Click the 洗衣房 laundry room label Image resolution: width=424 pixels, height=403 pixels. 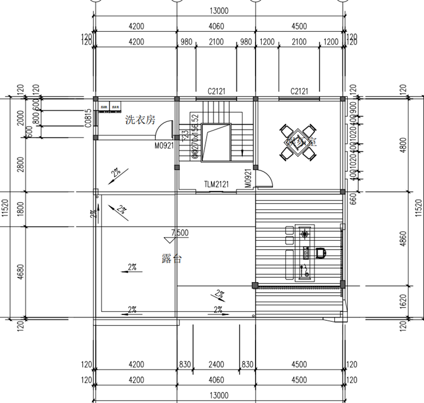tap(140, 120)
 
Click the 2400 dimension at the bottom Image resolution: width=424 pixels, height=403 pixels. tap(216, 364)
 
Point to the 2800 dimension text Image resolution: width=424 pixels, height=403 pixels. tap(20, 165)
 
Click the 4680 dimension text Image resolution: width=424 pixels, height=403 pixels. tap(20, 272)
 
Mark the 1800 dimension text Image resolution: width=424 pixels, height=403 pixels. tap(20, 209)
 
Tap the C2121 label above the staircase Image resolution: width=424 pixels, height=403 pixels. tap(216, 91)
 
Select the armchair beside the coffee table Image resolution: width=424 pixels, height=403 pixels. tap(322, 253)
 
